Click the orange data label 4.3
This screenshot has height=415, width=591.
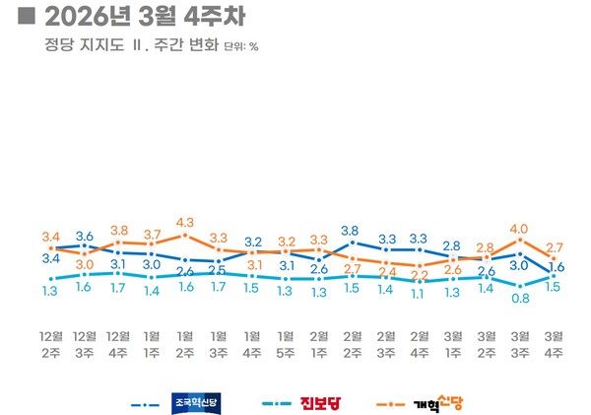[185, 223]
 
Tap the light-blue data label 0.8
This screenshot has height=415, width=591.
[519, 298]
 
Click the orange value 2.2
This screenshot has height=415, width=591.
[420, 275]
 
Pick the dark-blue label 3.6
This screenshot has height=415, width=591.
[85, 236]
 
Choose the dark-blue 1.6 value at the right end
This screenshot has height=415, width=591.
[556, 266]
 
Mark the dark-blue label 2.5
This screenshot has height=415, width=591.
[219, 270]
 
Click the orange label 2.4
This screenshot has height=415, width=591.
[386, 271]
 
